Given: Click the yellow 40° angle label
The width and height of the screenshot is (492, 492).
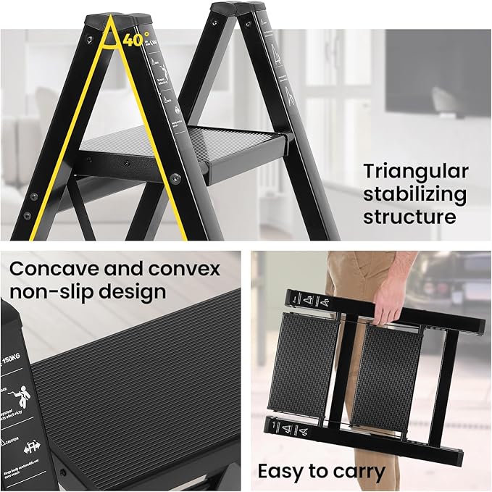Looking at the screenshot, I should click(136, 40).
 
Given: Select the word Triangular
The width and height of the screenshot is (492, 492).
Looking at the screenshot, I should click(416, 172).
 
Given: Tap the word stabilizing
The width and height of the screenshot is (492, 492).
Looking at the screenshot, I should click(415, 195).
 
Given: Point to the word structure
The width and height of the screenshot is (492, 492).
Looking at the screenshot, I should click(409, 217).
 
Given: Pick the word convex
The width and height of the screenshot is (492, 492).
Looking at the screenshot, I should click(184, 269).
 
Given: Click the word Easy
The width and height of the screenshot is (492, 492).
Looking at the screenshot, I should click(285, 472).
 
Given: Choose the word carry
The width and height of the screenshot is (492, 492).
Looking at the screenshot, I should click(359, 472).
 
